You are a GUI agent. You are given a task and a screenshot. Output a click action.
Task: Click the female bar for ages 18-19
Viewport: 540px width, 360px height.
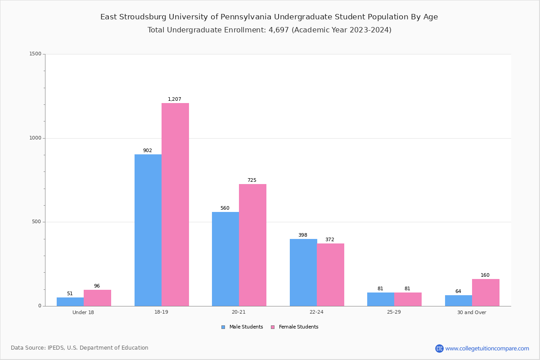[x=175, y=204]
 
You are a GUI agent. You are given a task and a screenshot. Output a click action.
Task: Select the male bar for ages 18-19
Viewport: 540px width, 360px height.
[x=148, y=230]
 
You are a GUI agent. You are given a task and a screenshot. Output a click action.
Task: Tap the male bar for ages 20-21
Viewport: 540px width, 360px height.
[x=225, y=259]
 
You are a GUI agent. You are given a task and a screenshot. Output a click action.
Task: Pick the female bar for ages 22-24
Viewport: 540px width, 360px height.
[x=330, y=274]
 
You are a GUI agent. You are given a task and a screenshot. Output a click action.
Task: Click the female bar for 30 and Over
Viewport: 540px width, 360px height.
[x=486, y=292]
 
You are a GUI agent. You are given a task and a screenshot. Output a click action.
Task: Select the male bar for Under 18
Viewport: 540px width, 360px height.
[x=70, y=301]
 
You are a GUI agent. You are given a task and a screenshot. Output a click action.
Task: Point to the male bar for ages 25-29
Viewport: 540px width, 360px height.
[x=381, y=299]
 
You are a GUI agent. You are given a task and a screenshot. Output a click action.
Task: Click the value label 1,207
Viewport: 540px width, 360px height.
[x=175, y=99]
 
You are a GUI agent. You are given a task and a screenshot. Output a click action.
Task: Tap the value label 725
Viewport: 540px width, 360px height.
[x=252, y=180]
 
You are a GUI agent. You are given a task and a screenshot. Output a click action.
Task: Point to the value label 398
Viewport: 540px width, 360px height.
[x=303, y=235]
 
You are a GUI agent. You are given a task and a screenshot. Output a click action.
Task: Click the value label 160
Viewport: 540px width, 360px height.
[x=485, y=275]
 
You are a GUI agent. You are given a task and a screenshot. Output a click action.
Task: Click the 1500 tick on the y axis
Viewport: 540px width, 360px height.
[x=36, y=54]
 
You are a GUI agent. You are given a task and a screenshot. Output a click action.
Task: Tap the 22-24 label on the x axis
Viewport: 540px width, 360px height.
[x=316, y=312]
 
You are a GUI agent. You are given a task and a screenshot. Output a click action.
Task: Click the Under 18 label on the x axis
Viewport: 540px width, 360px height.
[x=83, y=312]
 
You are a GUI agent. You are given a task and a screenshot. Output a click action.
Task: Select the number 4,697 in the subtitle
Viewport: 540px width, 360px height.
[x=278, y=30]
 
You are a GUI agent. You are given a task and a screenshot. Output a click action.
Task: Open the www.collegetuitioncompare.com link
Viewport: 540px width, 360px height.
[x=487, y=348]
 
